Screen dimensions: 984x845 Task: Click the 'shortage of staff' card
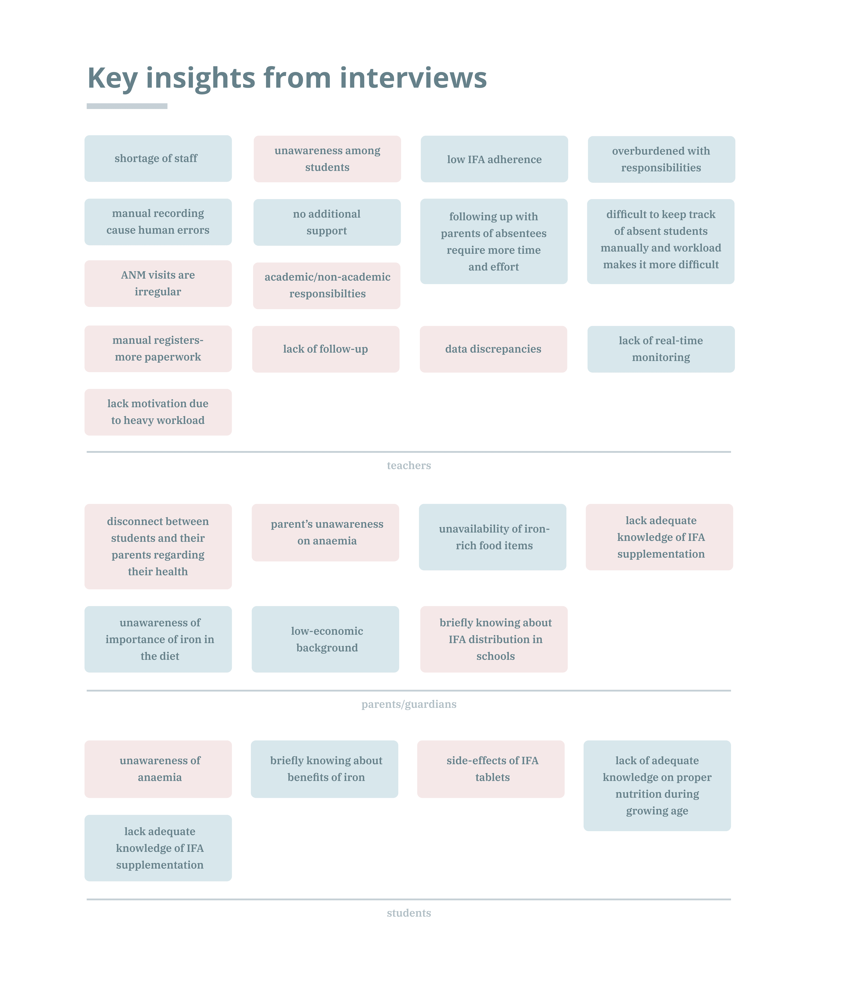(158, 159)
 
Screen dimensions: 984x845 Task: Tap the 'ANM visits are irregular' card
(158, 284)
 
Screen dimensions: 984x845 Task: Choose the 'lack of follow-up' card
(326, 349)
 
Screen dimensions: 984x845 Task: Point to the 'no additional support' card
(327, 222)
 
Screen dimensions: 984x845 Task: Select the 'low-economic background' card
(326, 639)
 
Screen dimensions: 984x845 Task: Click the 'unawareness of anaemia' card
(158, 769)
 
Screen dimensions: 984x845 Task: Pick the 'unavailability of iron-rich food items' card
(492, 537)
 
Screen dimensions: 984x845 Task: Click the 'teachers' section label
(409, 465)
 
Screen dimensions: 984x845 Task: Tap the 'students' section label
(409, 913)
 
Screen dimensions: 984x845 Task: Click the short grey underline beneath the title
(127, 106)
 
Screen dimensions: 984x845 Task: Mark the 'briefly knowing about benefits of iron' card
(325, 769)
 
